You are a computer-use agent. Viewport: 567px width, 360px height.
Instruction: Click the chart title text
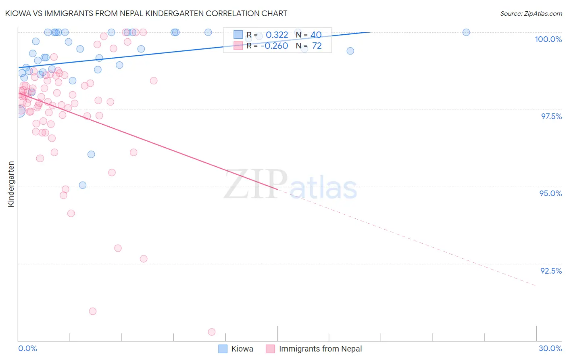[146, 13]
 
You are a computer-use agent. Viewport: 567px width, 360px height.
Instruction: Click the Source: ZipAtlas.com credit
[531, 14]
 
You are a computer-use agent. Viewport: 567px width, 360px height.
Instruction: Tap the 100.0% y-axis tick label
[548, 39]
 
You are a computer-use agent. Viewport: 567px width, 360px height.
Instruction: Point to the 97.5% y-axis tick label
[551, 116]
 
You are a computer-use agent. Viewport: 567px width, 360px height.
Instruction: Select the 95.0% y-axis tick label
[550, 193]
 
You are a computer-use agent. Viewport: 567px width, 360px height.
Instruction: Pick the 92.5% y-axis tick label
[551, 271]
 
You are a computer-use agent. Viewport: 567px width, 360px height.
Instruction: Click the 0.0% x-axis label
[27, 348]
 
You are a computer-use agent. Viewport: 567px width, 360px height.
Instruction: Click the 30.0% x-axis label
[550, 348]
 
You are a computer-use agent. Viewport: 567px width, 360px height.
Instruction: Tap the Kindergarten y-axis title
[11, 184]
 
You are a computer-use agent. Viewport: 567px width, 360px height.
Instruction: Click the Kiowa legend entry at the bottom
[236, 349]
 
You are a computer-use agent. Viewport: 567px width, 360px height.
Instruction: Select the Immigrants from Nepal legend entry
[315, 349]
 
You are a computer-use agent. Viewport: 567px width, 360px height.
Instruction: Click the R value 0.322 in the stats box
[277, 35]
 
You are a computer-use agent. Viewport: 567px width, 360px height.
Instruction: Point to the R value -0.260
[274, 46]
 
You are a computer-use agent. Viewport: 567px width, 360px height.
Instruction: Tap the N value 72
[317, 46]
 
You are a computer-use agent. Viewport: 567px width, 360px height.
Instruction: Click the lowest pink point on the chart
[212, 332]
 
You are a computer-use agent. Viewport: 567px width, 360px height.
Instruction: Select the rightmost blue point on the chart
[466, 32]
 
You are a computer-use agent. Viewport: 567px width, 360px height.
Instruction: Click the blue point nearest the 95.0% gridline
[83, 185]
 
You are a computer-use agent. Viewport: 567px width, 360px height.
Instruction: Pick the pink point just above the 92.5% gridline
[144, 259]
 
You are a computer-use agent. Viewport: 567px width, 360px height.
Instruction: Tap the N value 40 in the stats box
[316, 35]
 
